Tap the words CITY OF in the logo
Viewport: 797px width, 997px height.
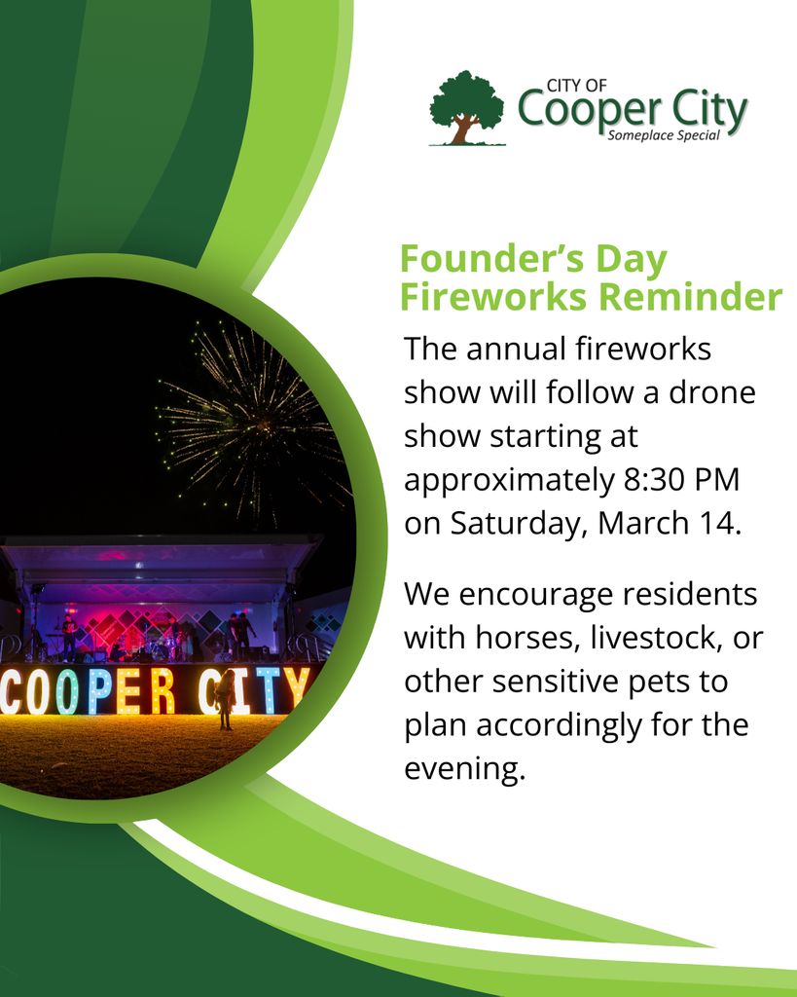(577, 87)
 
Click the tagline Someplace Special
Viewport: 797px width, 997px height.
(663, 135)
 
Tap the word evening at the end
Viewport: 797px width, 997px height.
(464, 770)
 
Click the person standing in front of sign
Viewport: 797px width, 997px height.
(225, 699)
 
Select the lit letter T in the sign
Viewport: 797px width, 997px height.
(266, 689)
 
